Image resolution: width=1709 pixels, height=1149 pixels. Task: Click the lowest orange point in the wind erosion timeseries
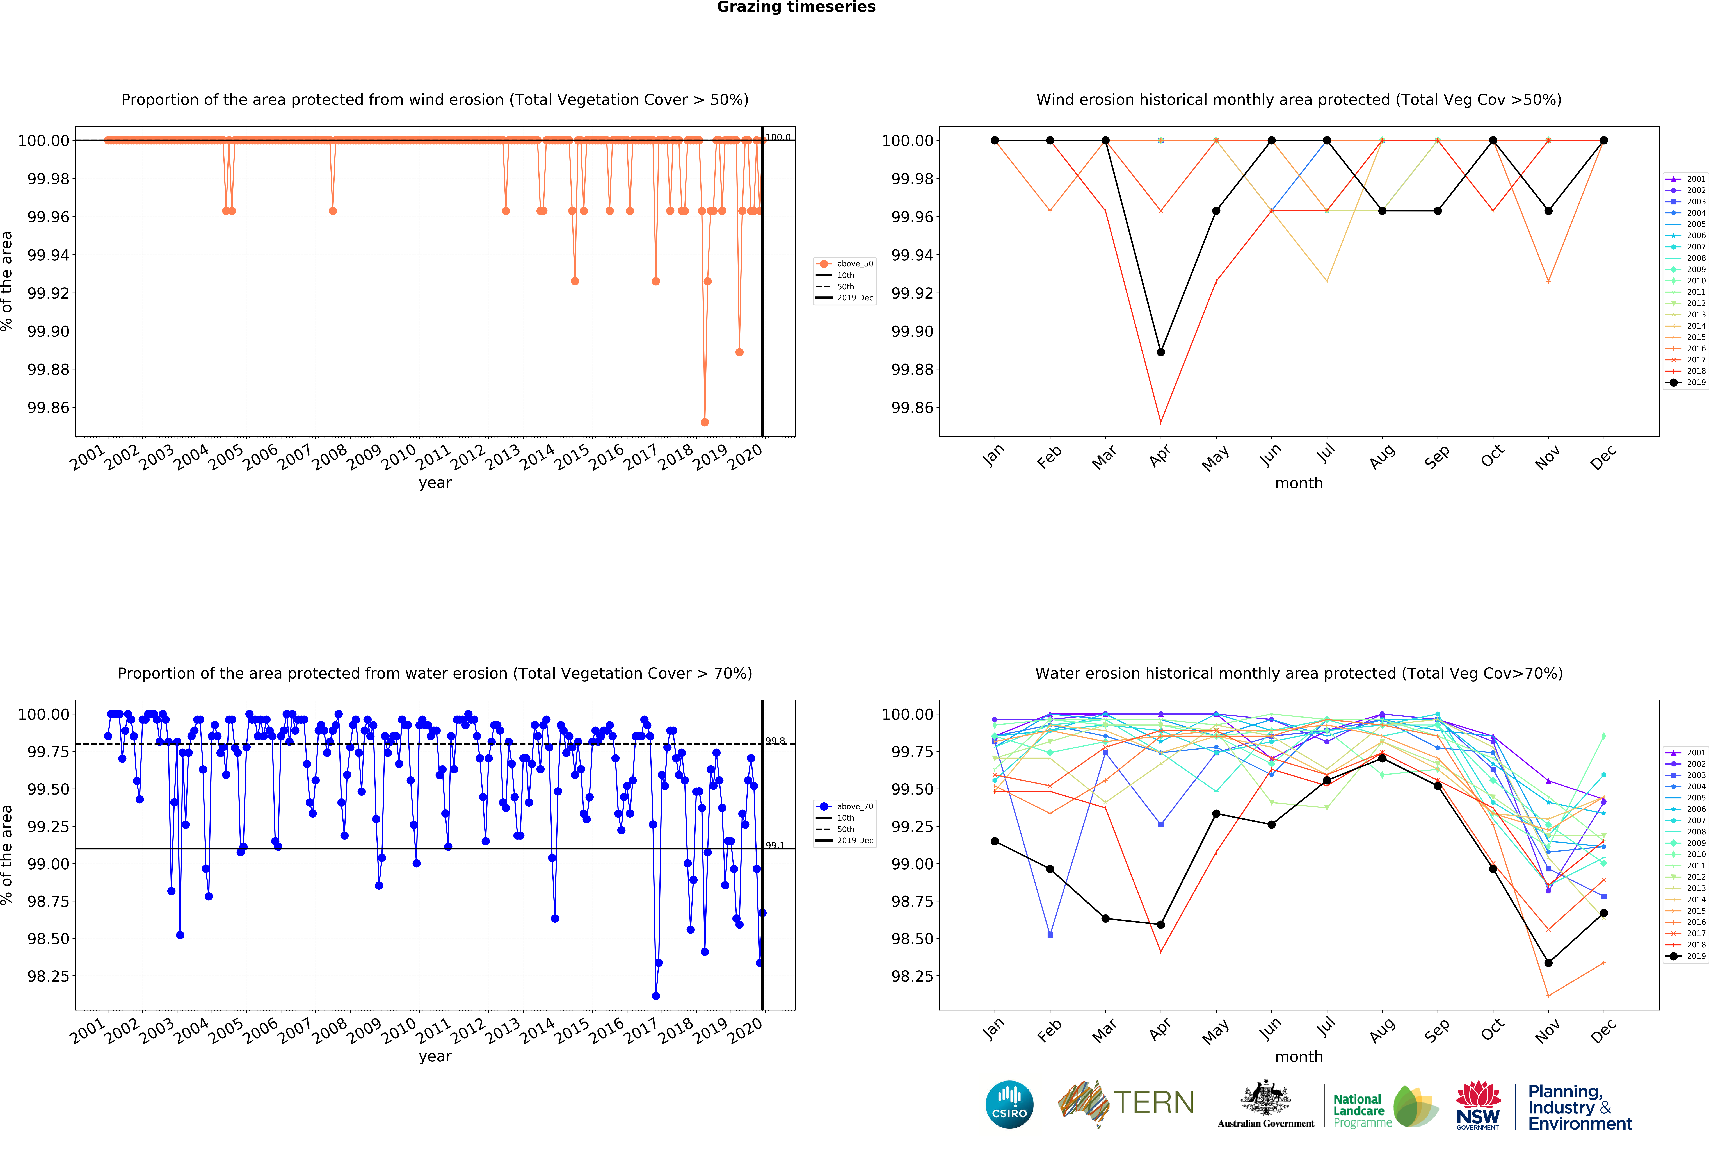(x=705, y=422)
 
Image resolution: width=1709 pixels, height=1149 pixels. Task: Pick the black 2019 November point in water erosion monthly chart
(x=1548, y=963)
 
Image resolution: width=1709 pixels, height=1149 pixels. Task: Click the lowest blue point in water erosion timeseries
(x=656, y=996)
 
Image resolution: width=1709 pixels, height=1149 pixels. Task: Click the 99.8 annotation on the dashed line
(x=775, y=741)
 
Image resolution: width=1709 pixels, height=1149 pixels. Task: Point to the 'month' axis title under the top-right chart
(x=1299, y=483)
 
